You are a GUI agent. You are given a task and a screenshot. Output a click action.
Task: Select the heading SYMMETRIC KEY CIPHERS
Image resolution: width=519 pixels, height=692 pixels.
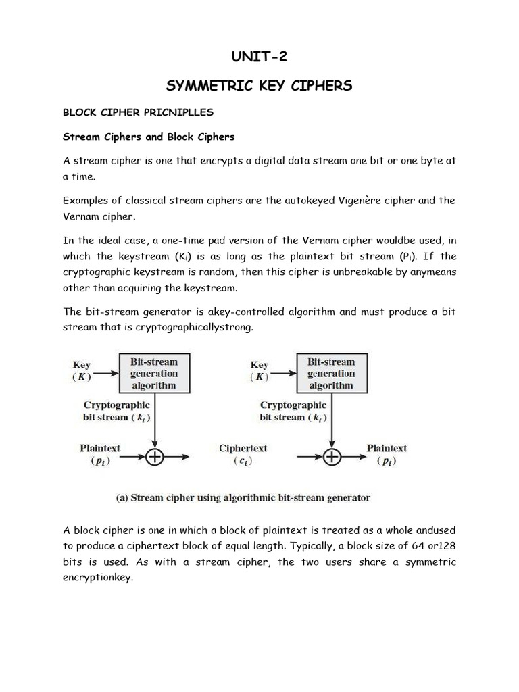[259, 85]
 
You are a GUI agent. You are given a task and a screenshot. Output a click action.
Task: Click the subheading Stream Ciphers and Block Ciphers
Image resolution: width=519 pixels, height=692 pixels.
[149, 137]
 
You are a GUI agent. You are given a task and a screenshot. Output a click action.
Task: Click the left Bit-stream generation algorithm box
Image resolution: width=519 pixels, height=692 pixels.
[154, 374]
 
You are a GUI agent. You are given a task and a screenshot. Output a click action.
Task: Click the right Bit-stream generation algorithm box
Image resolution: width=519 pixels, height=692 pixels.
[331, 374]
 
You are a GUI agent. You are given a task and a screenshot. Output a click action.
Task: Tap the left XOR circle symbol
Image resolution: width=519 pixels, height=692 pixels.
[155, 458]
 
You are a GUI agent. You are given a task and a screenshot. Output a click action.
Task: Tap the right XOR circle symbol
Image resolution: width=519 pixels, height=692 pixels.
[332, 458]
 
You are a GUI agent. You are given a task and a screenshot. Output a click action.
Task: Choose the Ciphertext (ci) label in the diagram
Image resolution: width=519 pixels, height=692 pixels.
[243, 453]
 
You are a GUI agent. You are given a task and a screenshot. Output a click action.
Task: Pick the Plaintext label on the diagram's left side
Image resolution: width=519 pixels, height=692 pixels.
[100, 453]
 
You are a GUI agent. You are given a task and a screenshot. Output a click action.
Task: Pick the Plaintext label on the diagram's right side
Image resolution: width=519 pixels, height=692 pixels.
[387, 453]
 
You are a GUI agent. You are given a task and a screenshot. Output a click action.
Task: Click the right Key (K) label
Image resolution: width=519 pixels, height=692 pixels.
[259, 371]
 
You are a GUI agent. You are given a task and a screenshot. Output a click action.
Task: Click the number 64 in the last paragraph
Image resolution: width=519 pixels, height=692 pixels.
[418, 545]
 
